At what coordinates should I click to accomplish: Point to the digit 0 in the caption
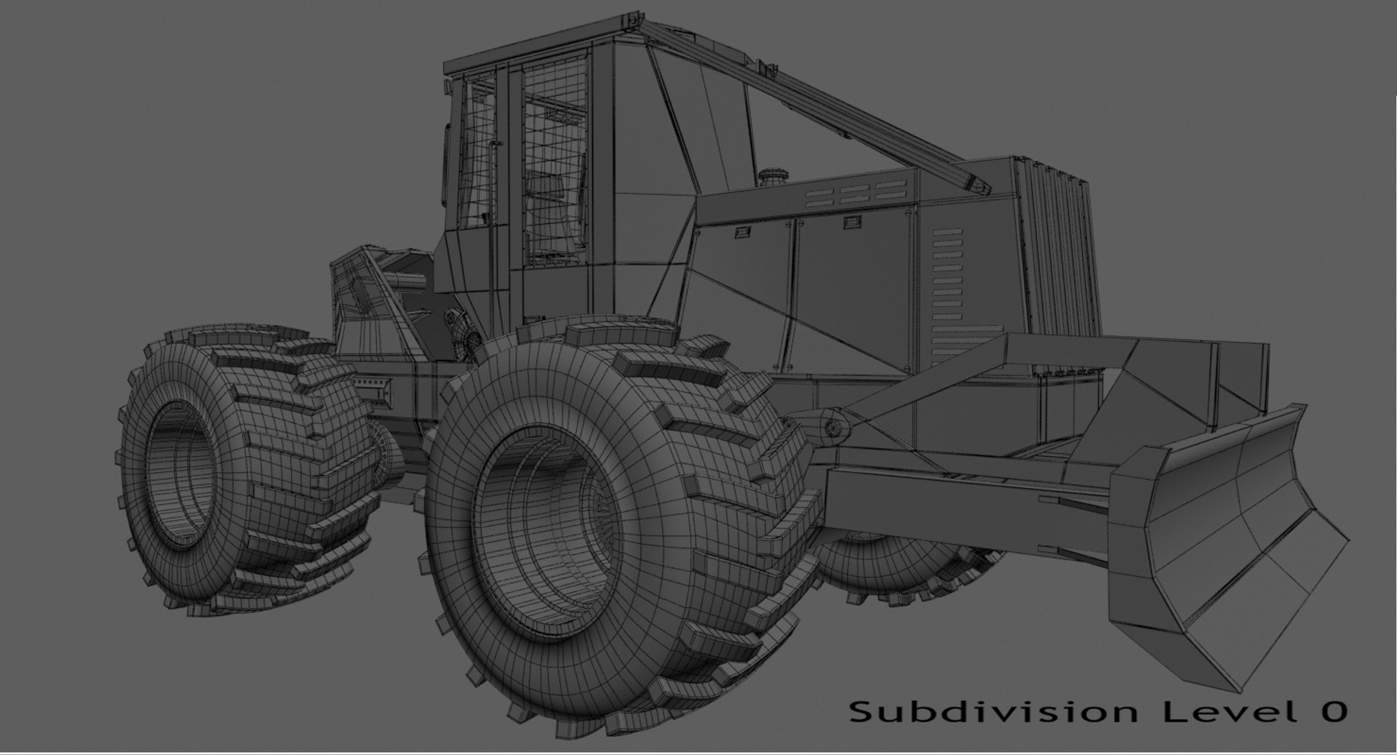(x=1333, y=711)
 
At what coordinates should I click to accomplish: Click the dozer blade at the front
(x=1222, y=553)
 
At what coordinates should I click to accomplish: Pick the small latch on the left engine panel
(x=742, y=231)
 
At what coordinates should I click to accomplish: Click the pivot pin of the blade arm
(x=833, y=427)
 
